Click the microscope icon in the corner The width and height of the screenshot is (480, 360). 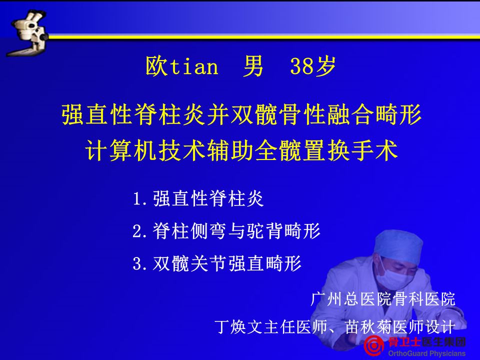pyautogui.click(x=27, y=33)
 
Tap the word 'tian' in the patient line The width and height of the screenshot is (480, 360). pyautogui.click(x=194, y=66)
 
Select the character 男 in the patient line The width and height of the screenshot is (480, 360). pyautogui.click(x=253, y=66)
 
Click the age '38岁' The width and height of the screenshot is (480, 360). pyautogui.click(x=312, y=66)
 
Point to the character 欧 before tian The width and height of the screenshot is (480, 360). pyautogui.click(x=156, y=66)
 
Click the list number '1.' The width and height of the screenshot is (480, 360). pyautogui.click(x=141, y=198)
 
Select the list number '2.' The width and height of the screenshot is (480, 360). pyautogui.click(x=141, y=231)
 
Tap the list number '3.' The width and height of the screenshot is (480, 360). pyautogui.click(x=141, y=263)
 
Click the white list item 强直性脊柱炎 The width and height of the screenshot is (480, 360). pyautogui.click(x=208, y=198)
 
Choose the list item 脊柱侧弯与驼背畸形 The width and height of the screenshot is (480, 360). pyautogui.click(x=236, y=231)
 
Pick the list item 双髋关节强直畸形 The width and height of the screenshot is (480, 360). pyautogui.click(x=227, y=263)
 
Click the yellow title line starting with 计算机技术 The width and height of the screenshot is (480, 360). pyautogui.click(x=242, y=150)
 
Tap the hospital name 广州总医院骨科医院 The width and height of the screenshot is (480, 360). pyautogui.click(x=382, y=299)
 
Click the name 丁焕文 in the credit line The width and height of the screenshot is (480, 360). pyautogui.click(x=238, y=327)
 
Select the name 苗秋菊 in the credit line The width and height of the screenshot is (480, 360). pyautogui.click(x=369, y=327)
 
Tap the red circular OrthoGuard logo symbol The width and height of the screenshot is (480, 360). pyautogui.click(x=374, y=346)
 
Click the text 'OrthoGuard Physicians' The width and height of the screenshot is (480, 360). pyautogui.click(x=426, y=353)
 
